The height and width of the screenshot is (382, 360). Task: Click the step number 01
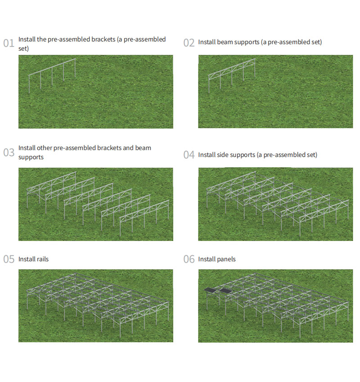[9, 43]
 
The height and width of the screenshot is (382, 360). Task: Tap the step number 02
[189, 43]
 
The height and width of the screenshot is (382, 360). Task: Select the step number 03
[9, 152]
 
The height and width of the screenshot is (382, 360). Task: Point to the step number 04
[189, 155]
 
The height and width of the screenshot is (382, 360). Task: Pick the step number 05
[9, 259]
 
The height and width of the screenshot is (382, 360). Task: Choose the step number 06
[189, 259]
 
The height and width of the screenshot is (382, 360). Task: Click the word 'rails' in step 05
[43, 259]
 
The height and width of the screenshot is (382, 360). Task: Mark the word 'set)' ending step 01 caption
[24, 49]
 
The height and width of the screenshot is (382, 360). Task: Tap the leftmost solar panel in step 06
[210, 290]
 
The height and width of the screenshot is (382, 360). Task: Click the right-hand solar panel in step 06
[226, 291]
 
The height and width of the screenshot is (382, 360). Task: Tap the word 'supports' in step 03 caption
[31, 157]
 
